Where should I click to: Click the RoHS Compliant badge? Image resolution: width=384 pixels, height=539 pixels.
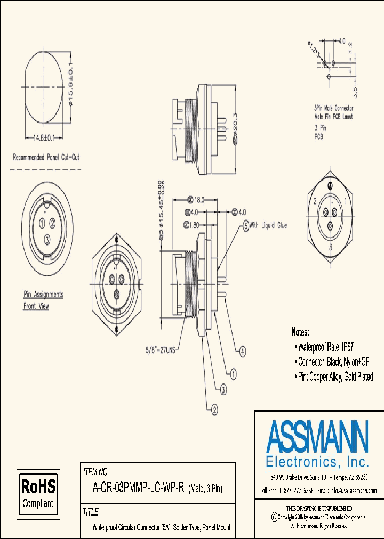tap(38, 492)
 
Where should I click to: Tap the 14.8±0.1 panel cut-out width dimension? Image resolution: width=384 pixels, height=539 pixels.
tap(42, 138)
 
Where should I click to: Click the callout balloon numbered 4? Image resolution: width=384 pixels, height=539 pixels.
tap(243, 351)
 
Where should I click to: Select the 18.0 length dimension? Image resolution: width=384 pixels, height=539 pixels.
tap(198, 200)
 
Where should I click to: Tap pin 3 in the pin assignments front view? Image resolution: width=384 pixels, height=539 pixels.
tap(48, 238)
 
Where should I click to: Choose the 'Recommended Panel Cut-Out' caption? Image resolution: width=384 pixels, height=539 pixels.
tap(46, 157)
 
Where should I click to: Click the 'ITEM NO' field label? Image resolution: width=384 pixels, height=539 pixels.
tap(95, 471)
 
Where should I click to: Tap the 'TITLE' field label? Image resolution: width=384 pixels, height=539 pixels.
tap(91, 512)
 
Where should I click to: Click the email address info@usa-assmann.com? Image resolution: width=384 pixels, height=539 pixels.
tap(347, 491)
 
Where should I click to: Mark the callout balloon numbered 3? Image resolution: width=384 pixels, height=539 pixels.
tap(224, 390)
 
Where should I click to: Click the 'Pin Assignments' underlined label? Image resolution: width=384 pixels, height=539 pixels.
tap(43, 295)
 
